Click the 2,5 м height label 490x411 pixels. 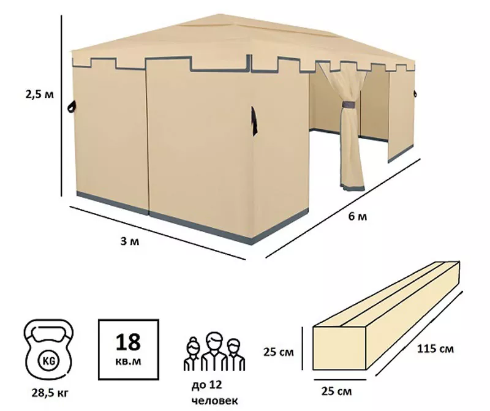tap(40, 94)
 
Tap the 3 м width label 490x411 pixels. tap(130, 241)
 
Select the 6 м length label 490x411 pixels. tap(358, 216)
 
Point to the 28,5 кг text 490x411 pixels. tap(50, 393)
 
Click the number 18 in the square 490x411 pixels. tap(128, 342)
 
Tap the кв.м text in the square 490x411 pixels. tap(128, 361)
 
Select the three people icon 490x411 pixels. tap(214, 352)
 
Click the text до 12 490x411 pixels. tap(207, 385)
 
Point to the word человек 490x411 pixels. tap(215, 401)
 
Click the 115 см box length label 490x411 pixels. tap(435, 349)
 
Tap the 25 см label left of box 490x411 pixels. tap(279, 352)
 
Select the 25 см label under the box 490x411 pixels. tap(336, 391)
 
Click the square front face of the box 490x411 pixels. tap(339, 349)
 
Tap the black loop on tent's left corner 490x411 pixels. tap(73, 107)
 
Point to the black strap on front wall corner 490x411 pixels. tap(254, 121)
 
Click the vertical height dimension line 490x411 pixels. tap(61, 105)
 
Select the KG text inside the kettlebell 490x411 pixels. tap(48, 361)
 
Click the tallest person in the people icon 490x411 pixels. tap(214, 352)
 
